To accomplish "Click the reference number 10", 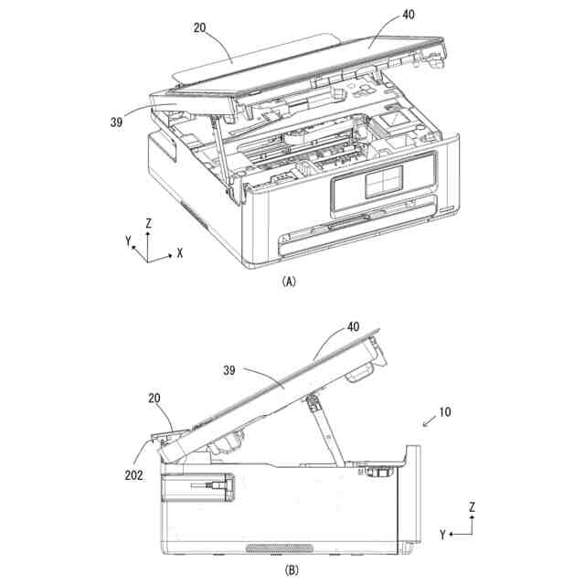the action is tap(444, 412).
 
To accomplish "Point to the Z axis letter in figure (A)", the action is tap(148, 222).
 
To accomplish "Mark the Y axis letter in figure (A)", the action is tap(129, 241).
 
